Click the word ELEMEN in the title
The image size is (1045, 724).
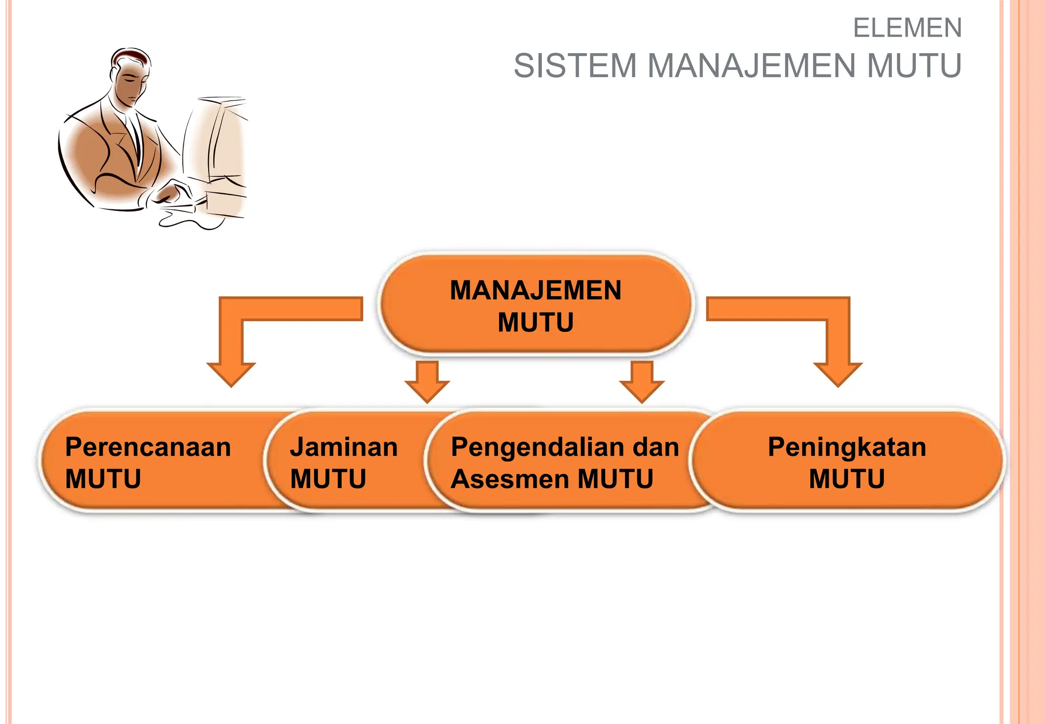[907, 28]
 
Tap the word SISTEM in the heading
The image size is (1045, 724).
[575, 66]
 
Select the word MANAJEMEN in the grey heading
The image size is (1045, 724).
[751, 66]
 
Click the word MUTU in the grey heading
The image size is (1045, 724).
[914, 66]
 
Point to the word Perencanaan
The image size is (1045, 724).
[148, 447]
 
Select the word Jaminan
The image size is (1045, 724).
[344, 447]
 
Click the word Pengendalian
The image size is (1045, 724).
[537, 447]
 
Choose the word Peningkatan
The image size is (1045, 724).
[847, 447]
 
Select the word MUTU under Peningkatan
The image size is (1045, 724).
[847, 479]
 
